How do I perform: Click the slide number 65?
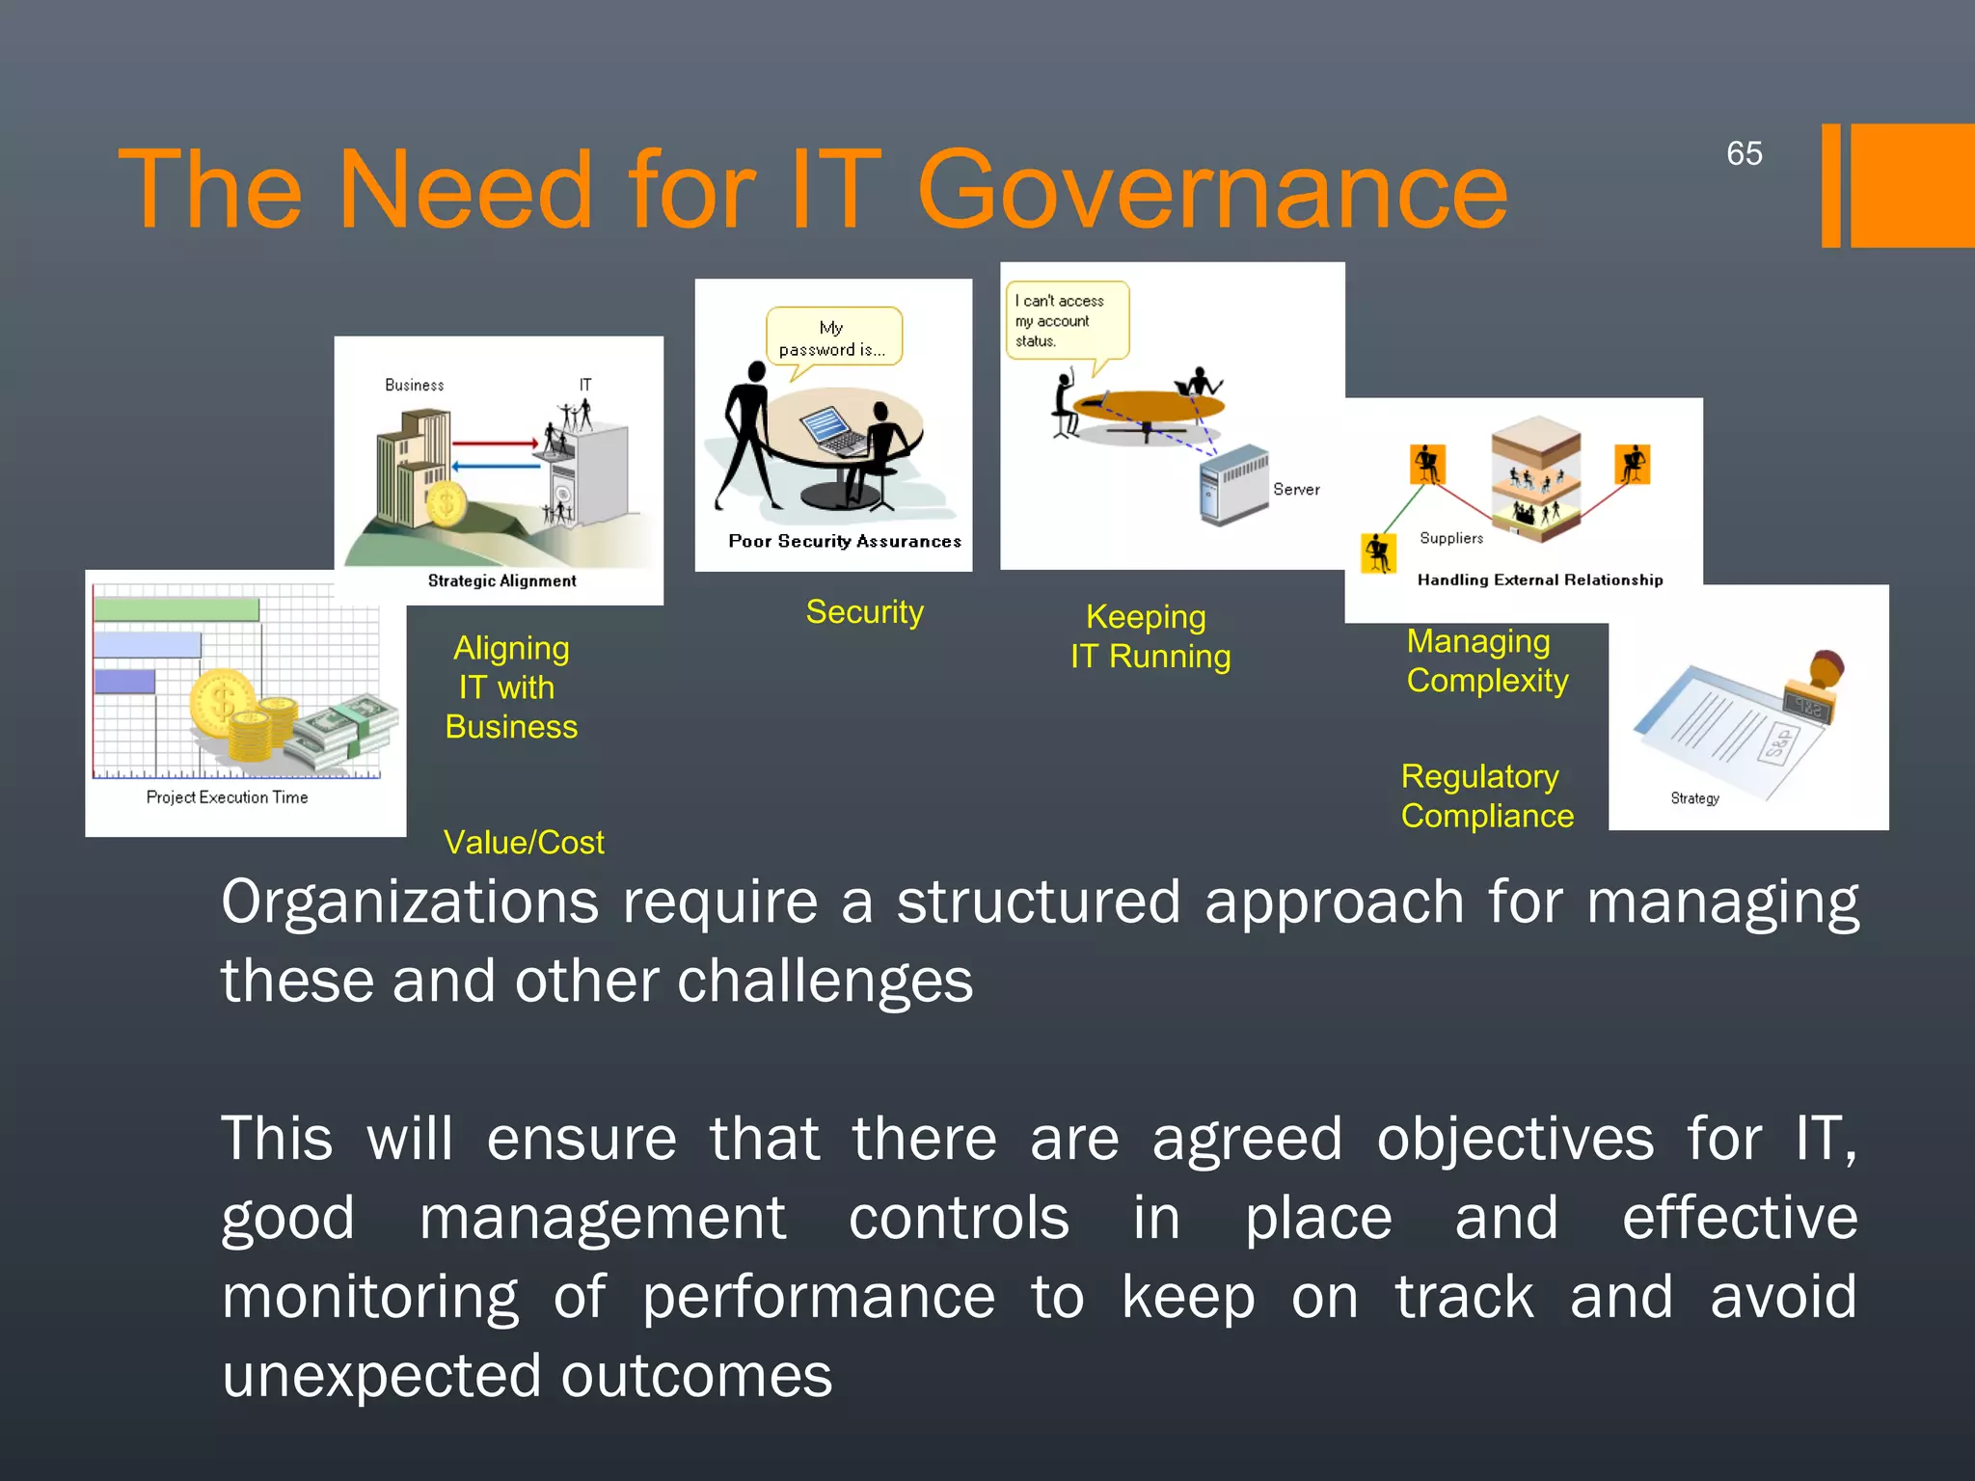pos(1744,153)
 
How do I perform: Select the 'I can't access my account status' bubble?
pos(1065,320)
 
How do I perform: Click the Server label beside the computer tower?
pos(1296,490)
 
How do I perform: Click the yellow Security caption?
pos(864,612)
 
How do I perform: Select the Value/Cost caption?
pos(524,843)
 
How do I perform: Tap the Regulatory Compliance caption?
pos(1486,796)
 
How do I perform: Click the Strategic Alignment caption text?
pos(501,580)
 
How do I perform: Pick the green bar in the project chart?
pos(176,609)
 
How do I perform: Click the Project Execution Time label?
pos(227,797)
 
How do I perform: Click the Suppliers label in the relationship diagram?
pos(1451,538)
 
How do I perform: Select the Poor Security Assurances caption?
pos(845,542)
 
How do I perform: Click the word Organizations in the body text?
pos(410,902)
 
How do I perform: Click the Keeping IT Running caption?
pos(1150,636)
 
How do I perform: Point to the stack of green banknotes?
pos(345,733)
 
